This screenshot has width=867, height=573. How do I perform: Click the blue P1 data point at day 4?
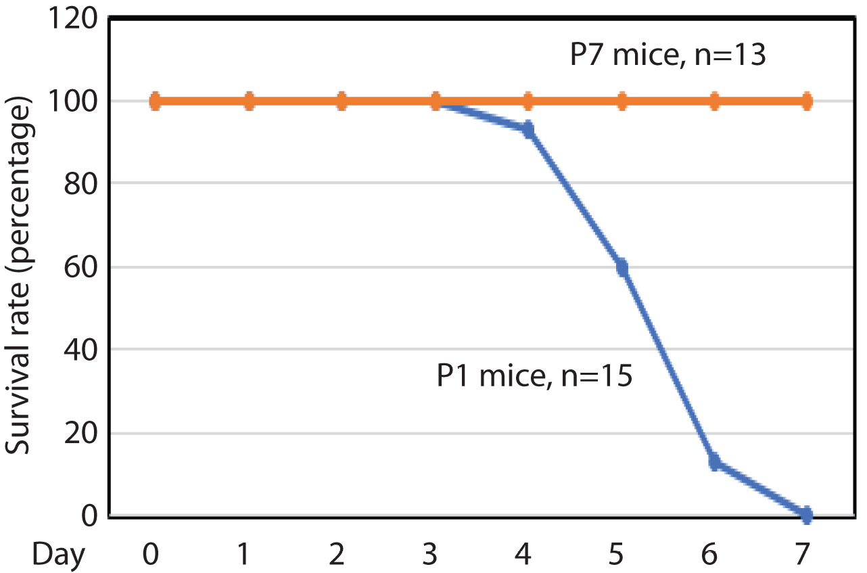coord(528,129)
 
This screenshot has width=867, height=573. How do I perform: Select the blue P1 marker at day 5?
coord(622,269)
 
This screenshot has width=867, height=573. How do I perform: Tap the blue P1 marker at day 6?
coord(715,463)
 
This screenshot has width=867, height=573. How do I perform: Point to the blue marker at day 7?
coord(806,515)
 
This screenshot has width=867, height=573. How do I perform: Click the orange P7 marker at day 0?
coord(156,102)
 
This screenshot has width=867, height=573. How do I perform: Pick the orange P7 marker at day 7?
coord(806,102)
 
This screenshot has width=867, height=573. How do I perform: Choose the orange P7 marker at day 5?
coord(622,102)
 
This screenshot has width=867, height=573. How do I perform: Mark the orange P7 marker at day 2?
coord(342,102)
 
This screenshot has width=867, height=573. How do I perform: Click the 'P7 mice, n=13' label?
coord(667,55)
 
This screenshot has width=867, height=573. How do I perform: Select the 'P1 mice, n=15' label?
coord(534,376)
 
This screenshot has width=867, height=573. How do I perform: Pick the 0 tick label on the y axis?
coord(88,515)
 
